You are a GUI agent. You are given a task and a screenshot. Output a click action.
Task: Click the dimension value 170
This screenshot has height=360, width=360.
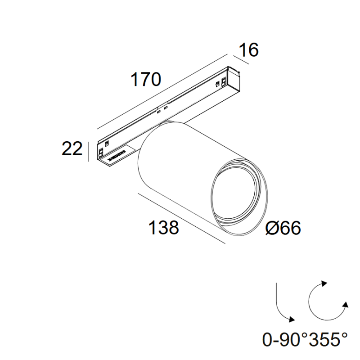(145, 80)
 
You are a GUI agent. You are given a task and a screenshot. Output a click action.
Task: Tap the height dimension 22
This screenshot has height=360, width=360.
(72, 148)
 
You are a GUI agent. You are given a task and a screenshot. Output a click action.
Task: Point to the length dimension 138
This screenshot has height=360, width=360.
(164, 228)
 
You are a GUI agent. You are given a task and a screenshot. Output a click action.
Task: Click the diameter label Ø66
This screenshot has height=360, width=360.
(283, 228)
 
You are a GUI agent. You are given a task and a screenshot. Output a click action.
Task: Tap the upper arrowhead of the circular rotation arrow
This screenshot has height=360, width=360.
(323, 284)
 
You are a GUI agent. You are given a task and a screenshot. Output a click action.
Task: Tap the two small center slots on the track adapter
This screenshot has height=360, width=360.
(162, 109)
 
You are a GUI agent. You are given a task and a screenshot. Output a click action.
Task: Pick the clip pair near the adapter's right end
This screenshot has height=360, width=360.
(221, 83)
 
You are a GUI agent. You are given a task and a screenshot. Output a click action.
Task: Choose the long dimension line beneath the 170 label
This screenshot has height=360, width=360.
(162, 92)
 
